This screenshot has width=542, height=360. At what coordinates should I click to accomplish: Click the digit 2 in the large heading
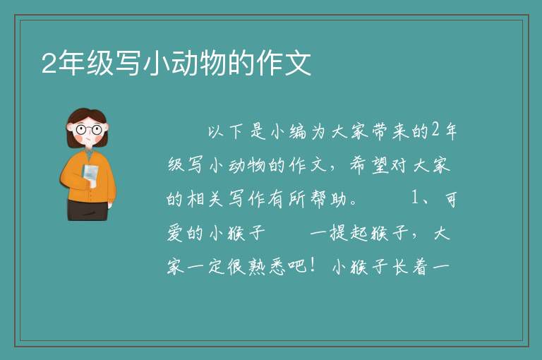coord(49,64)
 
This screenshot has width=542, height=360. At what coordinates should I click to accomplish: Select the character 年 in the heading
coord(71,63)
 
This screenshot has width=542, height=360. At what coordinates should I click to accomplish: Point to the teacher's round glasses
coord(88,130)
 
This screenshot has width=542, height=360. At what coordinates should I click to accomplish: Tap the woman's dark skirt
coord(87,210)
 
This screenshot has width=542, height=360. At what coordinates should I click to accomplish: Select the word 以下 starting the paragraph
coord(224,131)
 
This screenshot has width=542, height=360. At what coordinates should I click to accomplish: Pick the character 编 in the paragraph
coord(298,131)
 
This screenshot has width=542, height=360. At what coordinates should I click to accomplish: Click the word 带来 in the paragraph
coord(390,131)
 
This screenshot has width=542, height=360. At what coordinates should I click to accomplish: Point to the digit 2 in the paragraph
coord(435,131)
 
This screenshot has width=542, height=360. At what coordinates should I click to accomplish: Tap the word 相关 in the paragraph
coord(205,199)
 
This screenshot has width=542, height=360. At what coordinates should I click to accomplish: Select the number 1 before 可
coord(415,198)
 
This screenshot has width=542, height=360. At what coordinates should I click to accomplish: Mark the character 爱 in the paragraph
coord(175,233)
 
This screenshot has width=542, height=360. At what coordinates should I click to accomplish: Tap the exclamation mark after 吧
coord(313,265)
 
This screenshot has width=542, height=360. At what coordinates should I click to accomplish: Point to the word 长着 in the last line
coord(411,267)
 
